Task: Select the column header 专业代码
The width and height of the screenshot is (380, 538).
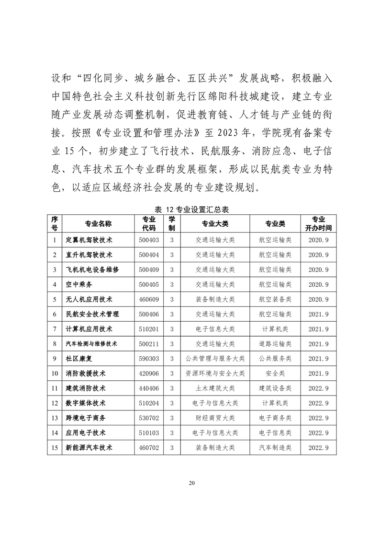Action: click(148, 224)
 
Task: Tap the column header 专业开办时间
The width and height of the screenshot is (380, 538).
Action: click(318, 224)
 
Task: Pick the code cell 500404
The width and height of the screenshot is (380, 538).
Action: click(148, 255)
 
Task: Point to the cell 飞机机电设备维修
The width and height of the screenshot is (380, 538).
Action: click(92, 269)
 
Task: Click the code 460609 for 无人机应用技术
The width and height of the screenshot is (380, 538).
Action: click(148, 299)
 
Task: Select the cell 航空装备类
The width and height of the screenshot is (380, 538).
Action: click(275, 299)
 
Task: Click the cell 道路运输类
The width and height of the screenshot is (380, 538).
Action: click(275, 344)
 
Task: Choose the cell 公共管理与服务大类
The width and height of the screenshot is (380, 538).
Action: click(215, 359)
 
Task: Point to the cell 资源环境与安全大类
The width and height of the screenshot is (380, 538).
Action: click(215, 374)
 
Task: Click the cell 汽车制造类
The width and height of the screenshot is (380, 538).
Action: click(275, 447)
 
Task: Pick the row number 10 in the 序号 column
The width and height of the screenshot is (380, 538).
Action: click(55, 374)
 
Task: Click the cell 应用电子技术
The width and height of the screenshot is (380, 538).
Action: click(86, 433)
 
